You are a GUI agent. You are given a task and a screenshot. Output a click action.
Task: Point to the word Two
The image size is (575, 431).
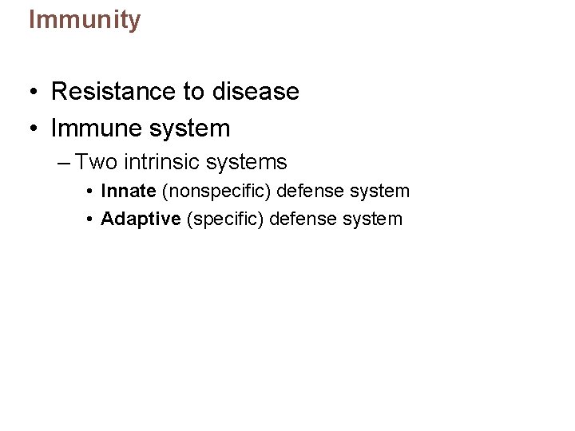coord(97,163)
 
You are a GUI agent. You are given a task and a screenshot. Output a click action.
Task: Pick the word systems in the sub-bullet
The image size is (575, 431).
coord(246,163)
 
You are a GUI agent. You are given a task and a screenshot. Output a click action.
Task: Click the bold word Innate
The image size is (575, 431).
coord(128,192)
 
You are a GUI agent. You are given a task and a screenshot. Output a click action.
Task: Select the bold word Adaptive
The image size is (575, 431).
coord(141,219)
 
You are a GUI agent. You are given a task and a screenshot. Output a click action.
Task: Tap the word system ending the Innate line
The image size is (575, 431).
coord(382,192)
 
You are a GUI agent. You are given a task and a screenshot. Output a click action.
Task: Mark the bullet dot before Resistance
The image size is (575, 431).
coord(28,93)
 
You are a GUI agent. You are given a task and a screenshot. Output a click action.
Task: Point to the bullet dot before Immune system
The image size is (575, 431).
coord(28,129)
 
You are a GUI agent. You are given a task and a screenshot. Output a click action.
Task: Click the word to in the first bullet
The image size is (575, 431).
coord(194,93)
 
